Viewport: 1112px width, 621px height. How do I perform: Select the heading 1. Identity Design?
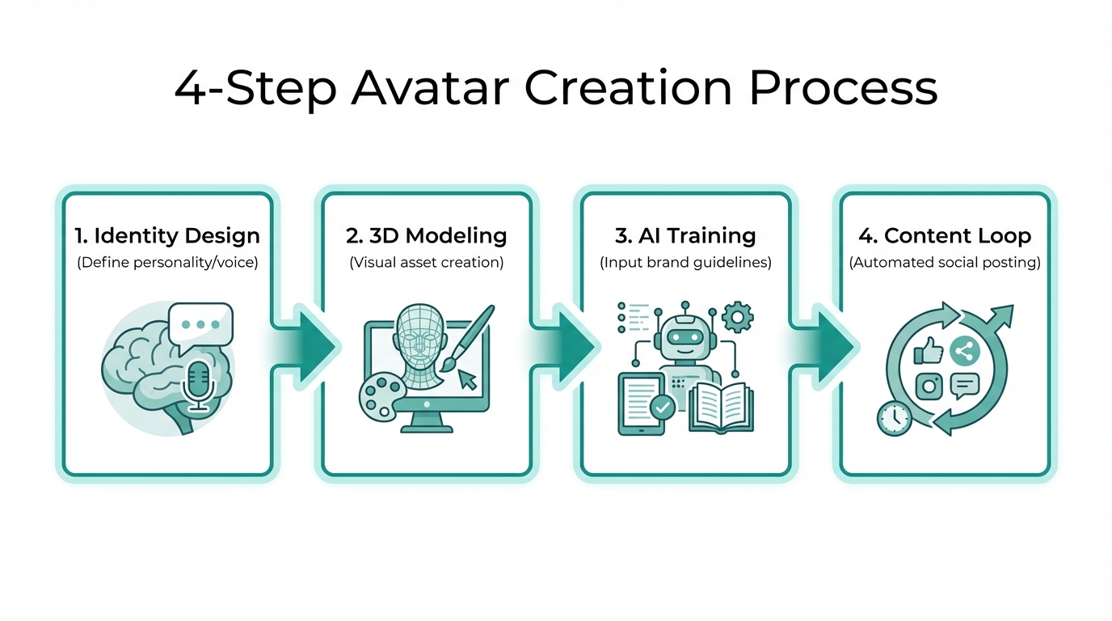point(167,236)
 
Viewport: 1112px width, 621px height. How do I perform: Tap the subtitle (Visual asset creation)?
point(426,263)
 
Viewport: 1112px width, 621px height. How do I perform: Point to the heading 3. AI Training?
point(685,236)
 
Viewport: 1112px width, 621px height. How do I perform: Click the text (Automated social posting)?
point(944,263)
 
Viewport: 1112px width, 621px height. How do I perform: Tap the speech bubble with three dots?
point(200,324)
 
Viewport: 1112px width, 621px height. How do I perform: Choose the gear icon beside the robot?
point(736,317)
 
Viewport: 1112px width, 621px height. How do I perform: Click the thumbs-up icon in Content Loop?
point(928,352)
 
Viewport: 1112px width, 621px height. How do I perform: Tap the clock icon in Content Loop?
point(894,417)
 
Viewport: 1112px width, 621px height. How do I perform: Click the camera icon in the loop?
point(929,386)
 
